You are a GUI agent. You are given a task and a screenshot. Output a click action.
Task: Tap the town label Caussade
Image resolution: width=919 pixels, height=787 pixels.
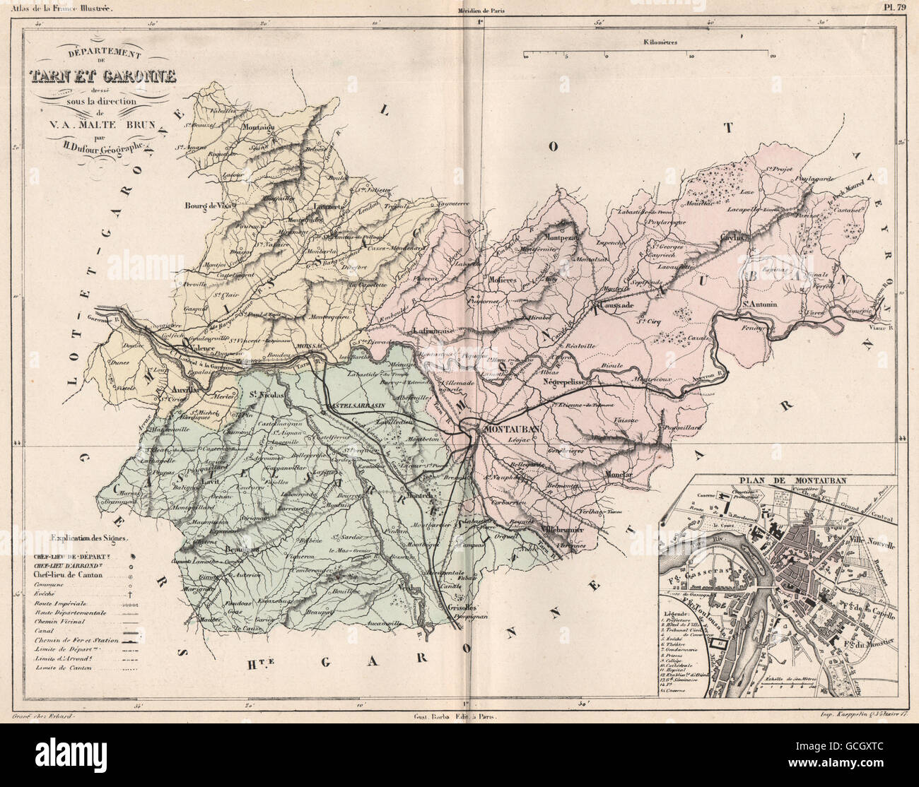614,307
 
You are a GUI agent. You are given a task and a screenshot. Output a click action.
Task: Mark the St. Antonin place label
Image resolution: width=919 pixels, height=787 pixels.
759,305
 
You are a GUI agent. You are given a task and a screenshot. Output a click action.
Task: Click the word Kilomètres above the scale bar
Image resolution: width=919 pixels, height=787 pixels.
660,42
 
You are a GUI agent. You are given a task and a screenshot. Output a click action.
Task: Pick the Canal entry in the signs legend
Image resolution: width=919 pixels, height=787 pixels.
43,629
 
